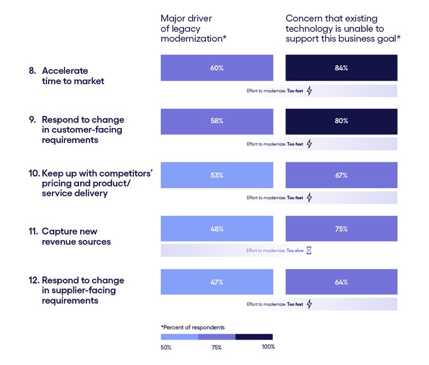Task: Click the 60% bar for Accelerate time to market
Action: (x=217, y=68)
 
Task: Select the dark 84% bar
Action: (x=341, y=68)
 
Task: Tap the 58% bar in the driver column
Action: (x=217, y=121)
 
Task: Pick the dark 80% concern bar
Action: (x=341, y=121)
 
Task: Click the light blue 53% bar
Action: (x=217, y=175)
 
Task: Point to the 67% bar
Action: (x=341, y=175)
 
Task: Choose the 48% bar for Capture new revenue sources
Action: (x=217, y=229)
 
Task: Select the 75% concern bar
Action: (x=341, y=229)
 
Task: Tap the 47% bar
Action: (x=217, y=282)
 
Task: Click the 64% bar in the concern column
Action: (x=341, y=282)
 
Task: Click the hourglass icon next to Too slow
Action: (x=309, y=251)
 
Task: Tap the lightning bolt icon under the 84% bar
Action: (x=309, y=90)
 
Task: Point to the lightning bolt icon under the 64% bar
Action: (x=309, y=304)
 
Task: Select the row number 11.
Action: (x=33, y=231)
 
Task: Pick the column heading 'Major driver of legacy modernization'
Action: (x=193, y=29)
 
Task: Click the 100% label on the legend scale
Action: (x=268, y=347)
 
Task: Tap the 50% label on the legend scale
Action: (x=166, y=347)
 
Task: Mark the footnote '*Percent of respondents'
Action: (x=193, y=327)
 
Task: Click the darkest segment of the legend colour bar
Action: (x=254, y=337)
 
